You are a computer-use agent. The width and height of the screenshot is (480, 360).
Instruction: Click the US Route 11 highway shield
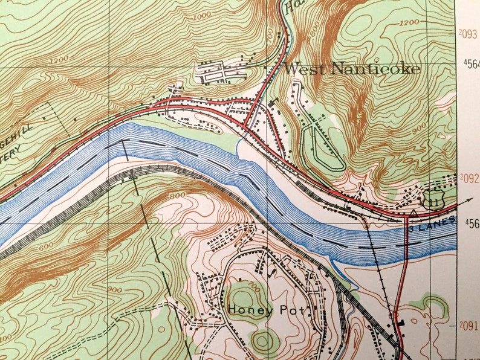[x=433, y=200]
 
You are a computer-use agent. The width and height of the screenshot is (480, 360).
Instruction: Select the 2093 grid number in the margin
[x=469, y=34]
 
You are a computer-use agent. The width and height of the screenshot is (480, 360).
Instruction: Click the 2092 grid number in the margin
[x=469, y=178]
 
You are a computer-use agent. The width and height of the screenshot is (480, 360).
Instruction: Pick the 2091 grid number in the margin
[x=469, y=326]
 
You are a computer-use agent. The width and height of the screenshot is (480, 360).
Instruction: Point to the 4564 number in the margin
[x=472, y=63]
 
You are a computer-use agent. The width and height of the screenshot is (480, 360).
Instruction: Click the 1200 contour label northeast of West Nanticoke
[x=409, y=22]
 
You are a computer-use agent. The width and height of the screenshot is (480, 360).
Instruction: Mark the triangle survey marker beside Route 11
[x=414, y=213]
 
